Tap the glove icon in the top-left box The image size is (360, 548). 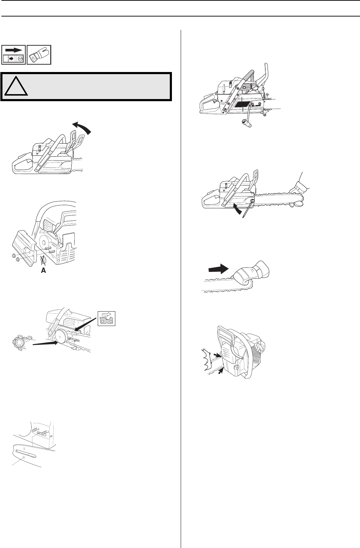[39, 55]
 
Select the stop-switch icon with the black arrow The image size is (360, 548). [14, 55]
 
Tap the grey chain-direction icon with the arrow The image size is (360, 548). [107, 319]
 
